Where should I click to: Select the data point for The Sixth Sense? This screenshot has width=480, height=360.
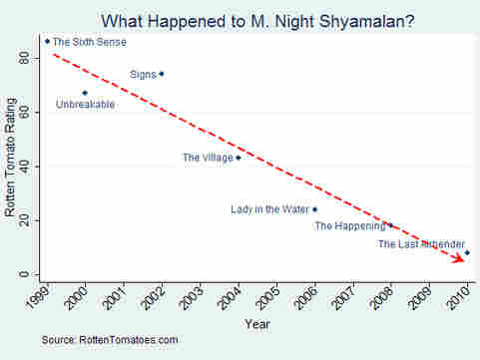[x=47, y=42]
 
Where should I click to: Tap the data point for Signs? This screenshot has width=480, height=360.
[x=162, y=74]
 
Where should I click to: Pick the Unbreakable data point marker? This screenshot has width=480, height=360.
[x=85, y=93]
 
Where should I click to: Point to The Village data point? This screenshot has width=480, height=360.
[x=238, y=158]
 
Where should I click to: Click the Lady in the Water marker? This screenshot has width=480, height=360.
[x=315, y=209]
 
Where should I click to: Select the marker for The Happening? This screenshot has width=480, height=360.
[x=390, y=225]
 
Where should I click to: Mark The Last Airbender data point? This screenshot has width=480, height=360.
[x=467, y=253]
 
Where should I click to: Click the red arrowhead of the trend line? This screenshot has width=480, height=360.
[x=461, y=257]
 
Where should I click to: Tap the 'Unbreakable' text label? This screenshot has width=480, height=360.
[x=85, y=105]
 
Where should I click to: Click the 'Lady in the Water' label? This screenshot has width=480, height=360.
[x=270, y=209]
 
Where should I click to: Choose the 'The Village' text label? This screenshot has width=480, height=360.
[x=207, y=158]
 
